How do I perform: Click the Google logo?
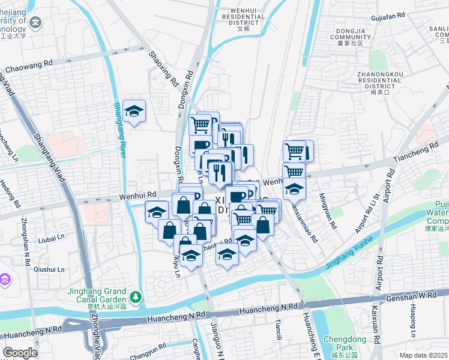tap(20, 353)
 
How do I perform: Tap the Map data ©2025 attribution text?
tap(424, 355)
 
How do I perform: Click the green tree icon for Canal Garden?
tap(136, 296)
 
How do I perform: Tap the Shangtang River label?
tap(119, 130)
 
